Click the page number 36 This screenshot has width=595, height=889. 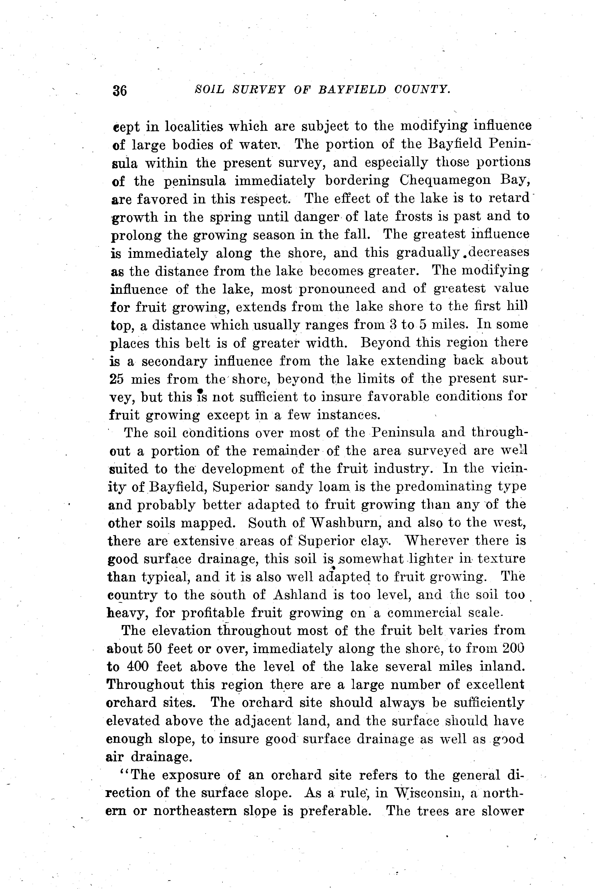[x=120, y=91]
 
